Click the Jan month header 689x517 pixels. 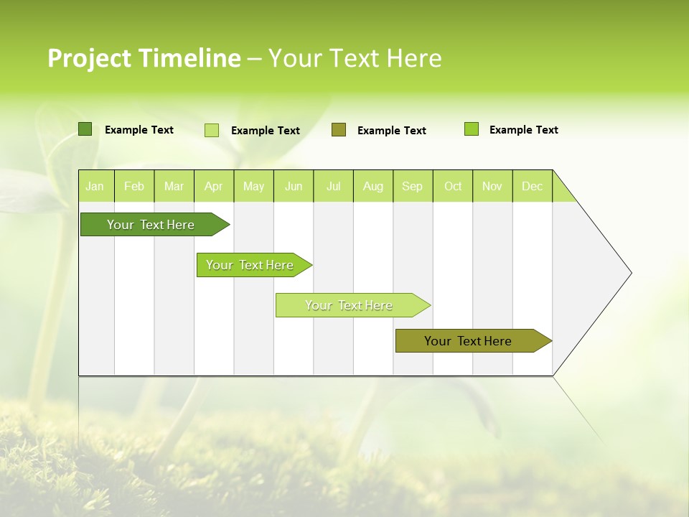(95, 186)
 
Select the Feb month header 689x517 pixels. (134, 186)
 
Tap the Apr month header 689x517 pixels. (214, 186)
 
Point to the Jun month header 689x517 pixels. (294, 186)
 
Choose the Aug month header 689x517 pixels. (373, 186)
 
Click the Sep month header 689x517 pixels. (413, 186)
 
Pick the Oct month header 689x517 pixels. (453, 186)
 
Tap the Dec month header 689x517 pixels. (533, 186)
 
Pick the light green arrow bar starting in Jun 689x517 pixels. (350, 305)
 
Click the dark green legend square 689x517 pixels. (85, 129)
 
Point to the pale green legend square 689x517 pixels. (212, 130)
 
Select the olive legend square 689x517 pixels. (339, 130)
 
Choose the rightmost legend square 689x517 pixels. (472, 129)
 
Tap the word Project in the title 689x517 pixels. (89, 58)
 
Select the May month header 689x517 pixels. (253, 186)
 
